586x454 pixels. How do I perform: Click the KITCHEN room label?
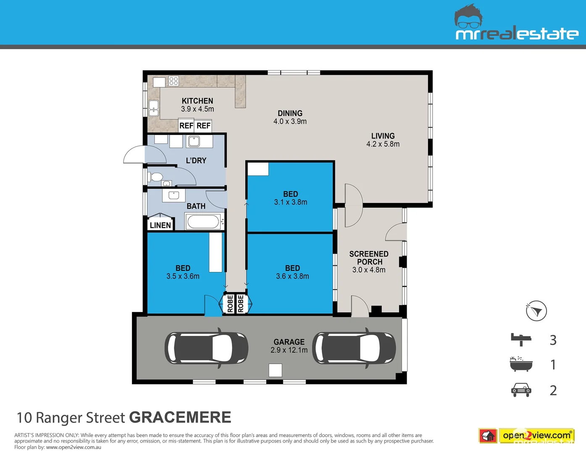pos(197,101)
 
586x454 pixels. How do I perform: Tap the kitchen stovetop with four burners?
pos(173,81)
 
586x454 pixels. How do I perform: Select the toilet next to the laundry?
pos(156,177)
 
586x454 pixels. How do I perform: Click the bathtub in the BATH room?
pos(203,222)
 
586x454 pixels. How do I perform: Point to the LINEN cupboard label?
pos(160,225)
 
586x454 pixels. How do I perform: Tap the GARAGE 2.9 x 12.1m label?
pos(289,346)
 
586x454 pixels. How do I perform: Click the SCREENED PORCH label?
pos(369,258)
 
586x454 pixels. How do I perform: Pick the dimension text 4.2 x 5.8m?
pos(383,144)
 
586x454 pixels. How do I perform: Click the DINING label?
pos(290,113)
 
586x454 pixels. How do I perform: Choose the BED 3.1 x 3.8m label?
pos(291,198)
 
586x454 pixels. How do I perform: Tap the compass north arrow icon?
pos(536,311)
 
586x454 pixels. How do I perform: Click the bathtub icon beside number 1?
pos(521,364)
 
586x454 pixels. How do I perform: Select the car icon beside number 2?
pos(521,390)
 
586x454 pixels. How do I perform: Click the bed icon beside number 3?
pos(521,339)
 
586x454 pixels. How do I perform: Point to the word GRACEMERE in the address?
pos(180,417)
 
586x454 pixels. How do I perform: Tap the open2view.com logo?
pos(536,436)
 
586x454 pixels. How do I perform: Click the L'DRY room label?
pos(196,161)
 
